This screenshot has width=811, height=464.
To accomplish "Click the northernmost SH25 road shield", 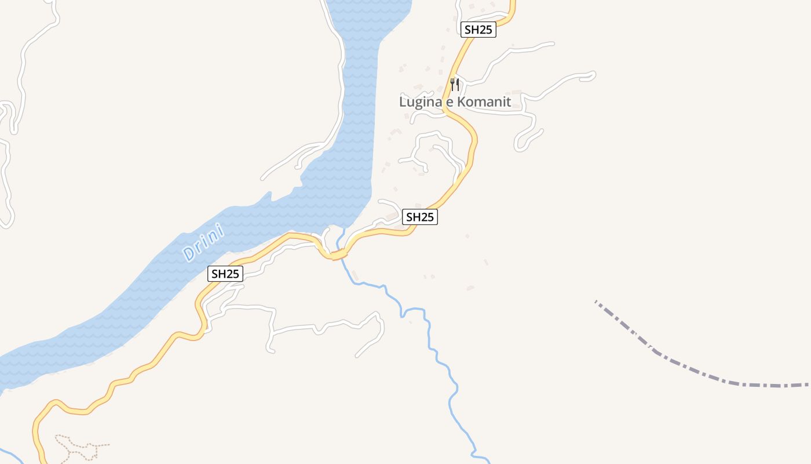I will [478, 30].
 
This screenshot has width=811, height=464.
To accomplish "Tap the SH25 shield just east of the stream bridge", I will [420, 217].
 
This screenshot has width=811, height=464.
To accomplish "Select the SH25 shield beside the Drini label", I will [225, 274].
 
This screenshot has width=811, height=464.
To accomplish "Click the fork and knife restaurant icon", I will [455, 85].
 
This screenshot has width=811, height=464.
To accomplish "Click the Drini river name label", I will [203, 242].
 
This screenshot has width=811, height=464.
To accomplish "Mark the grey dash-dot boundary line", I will [695, 371].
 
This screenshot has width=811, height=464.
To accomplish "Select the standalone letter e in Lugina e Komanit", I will [449, 103].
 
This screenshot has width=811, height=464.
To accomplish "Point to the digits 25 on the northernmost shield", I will [485, 30].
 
